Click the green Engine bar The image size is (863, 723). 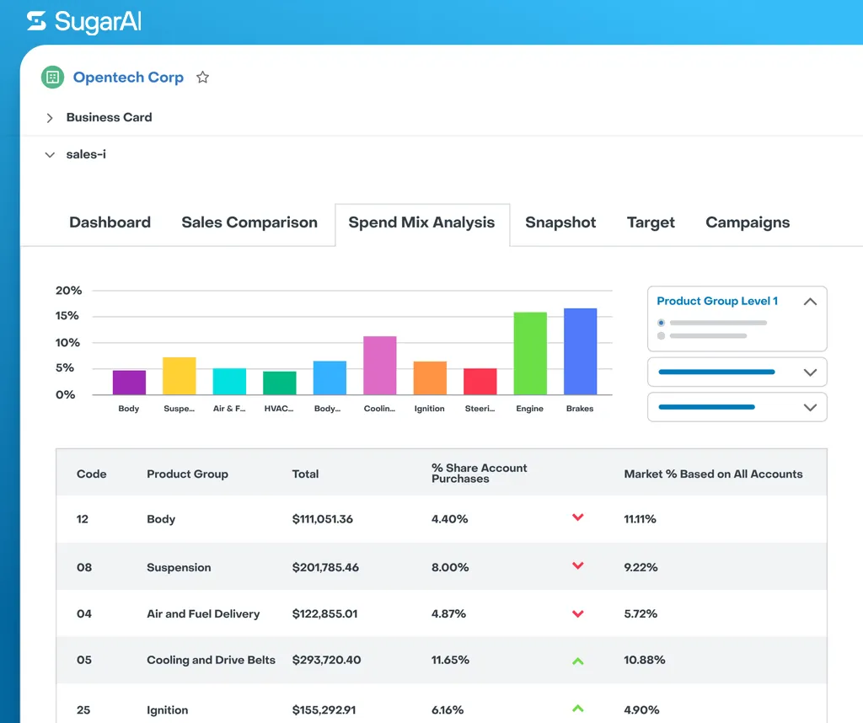530,353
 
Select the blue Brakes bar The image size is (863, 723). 580,351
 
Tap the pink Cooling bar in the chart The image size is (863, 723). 380,365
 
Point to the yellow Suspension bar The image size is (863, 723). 179,376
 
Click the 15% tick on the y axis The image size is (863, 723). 67,316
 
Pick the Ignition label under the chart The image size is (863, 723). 430,409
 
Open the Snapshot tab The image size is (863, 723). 560,222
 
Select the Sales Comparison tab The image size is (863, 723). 249,222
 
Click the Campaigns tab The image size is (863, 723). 748,222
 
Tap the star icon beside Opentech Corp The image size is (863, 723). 202,78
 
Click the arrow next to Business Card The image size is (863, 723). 50,118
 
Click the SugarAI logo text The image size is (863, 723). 98,22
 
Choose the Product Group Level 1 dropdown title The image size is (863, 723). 717,301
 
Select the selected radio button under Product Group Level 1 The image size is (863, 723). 661,323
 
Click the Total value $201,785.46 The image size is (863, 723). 325,567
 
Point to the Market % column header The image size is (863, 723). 713,474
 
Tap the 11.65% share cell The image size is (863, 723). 450,660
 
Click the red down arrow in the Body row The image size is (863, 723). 578,517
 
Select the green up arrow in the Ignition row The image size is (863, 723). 578,709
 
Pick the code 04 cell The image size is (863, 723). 84,613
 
